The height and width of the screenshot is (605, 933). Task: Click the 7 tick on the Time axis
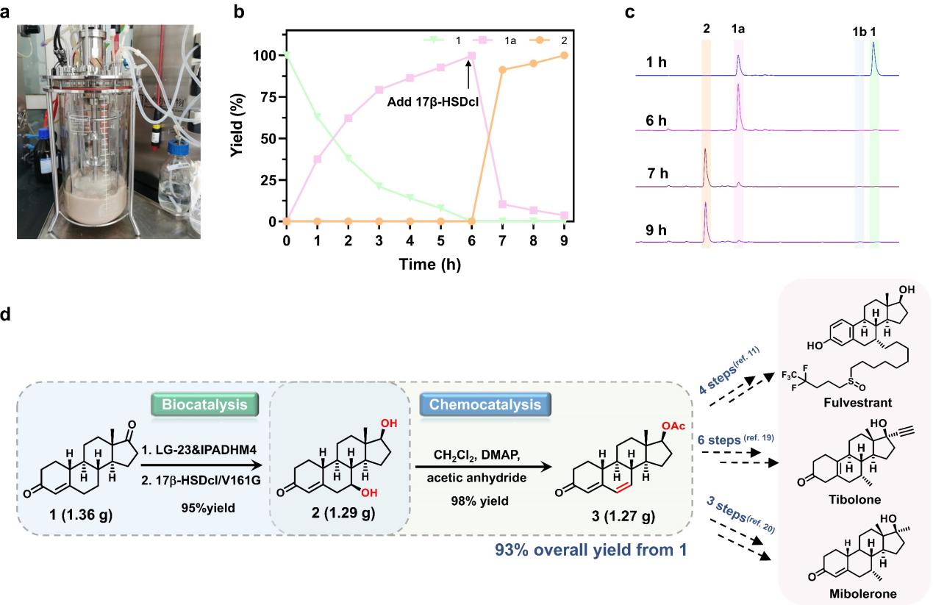click(x=502, y=240)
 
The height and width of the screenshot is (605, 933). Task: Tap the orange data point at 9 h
click(x=564, y=55)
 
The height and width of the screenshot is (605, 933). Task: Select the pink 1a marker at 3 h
click(x=379, y=90)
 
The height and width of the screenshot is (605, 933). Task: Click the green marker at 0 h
click(x=286, y=55)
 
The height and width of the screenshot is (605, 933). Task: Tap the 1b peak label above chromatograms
click(x=858, y=32)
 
